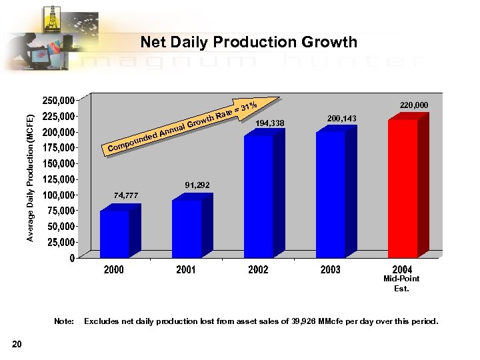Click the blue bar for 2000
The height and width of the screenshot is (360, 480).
115,233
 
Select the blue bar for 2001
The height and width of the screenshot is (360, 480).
187,228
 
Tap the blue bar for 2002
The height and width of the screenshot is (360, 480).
259,196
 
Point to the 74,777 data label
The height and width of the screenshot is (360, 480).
126,195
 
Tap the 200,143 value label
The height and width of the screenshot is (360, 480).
342,118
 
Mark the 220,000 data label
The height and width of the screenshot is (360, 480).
414,105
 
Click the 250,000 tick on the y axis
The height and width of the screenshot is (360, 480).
58,101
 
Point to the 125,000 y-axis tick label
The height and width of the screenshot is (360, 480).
58,179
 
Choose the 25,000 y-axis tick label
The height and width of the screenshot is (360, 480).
60,242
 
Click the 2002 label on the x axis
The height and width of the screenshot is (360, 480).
258,269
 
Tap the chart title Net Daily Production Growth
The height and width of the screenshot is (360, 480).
249,43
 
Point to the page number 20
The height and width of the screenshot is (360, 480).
17,343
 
